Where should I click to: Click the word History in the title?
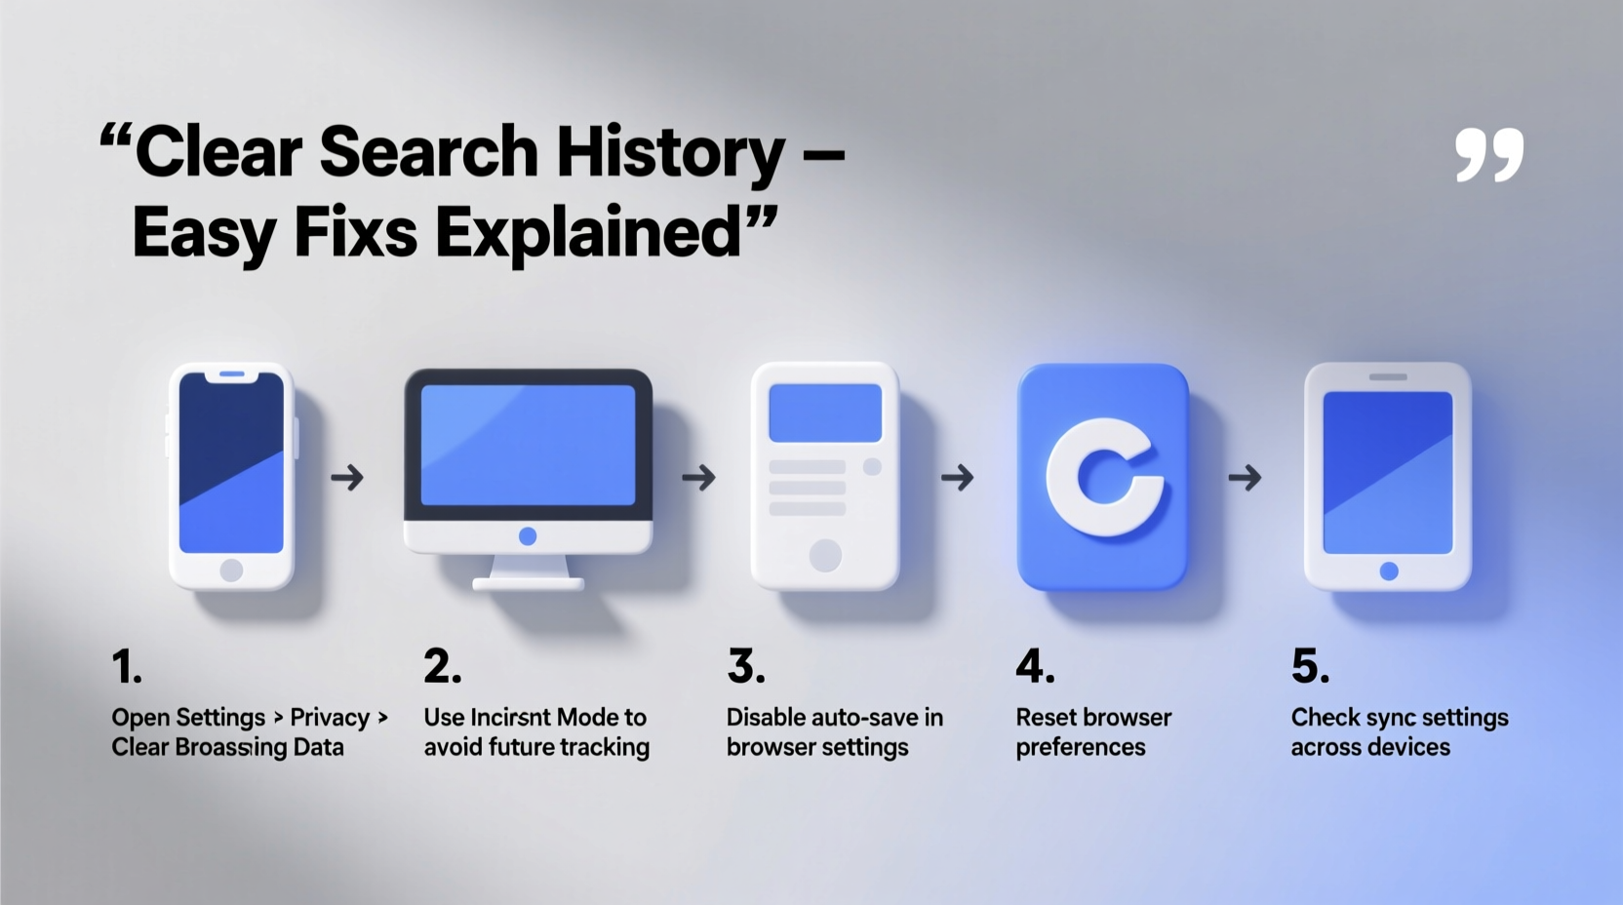[670, 153]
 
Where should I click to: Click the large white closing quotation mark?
[1488, 155]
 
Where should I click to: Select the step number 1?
[126, 667]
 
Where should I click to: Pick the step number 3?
[746, 667]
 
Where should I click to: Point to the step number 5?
[1310, 667]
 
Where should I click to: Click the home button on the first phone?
[231, 570]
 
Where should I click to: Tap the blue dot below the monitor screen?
[528, 536]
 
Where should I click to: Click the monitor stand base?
[528, 583]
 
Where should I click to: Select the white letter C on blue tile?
[1103, 477]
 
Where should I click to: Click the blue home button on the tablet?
[1389, 571]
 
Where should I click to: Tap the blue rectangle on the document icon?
[825, 413]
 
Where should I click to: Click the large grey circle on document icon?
[825, 556]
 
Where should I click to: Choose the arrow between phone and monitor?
[347, 478]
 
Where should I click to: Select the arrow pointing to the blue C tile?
[958, 478]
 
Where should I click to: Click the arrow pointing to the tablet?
[1245, 478]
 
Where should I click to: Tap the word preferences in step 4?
[1081, 748]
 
